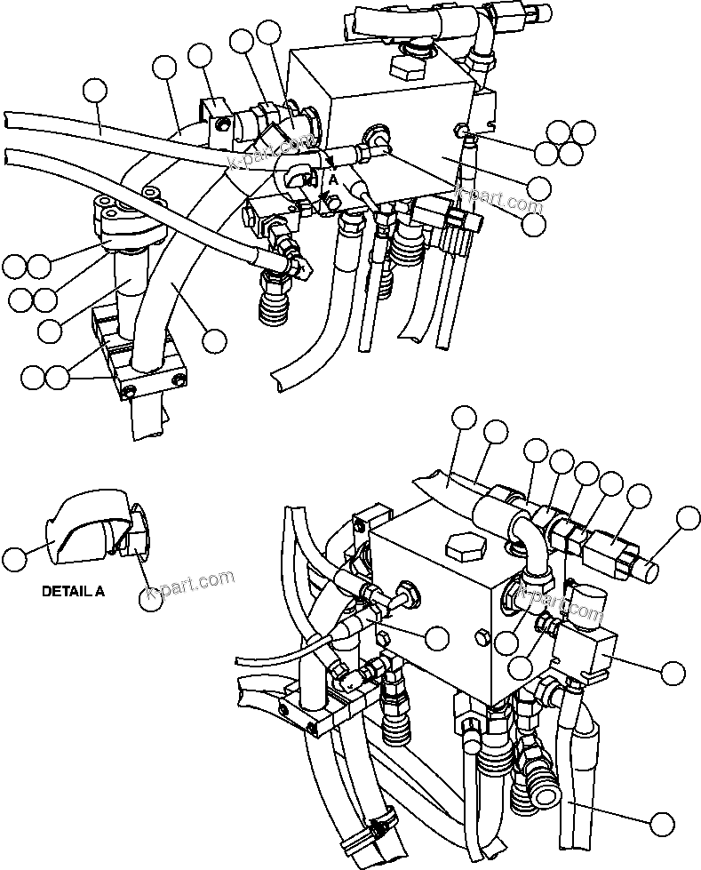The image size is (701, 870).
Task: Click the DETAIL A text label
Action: coord(73,590)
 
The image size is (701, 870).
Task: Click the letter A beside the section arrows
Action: coord(332,178)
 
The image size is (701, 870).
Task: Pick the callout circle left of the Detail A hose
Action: coord(15,559)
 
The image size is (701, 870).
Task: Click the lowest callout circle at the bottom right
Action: coord(661,823)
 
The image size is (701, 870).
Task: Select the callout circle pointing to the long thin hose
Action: coord(94,91)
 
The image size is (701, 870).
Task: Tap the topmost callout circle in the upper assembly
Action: coord(268,32)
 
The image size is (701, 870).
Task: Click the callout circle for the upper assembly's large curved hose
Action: coord(214,339)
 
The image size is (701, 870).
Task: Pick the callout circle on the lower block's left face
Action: coord(436,636)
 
